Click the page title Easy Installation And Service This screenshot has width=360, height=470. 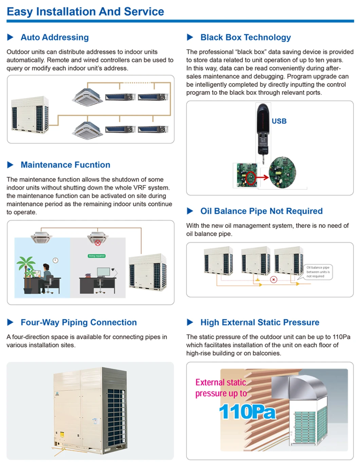coord(85,12)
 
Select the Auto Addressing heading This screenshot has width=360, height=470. coord(55,37)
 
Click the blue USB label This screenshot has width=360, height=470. coord(279,121)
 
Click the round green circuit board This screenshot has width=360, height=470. coord(282,173)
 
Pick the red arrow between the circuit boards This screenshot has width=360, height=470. coord(262,177)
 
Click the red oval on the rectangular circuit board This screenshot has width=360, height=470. coord(251,178)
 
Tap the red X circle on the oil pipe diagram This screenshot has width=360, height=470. coord(273,279)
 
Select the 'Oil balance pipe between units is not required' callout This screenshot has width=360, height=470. coord(318,272)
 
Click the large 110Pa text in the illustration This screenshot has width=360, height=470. coord(247,412)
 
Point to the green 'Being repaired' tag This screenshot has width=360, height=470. coord(97,256)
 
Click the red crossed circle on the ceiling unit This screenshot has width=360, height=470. coord(98,243)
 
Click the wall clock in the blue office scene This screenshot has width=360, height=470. coord(55,260)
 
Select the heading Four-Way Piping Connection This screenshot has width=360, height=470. coord(78,323)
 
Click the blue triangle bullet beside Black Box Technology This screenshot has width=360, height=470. coord(190,37)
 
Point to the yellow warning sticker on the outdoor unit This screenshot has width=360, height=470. coord(62,435)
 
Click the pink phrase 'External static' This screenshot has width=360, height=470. coord(221,383)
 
